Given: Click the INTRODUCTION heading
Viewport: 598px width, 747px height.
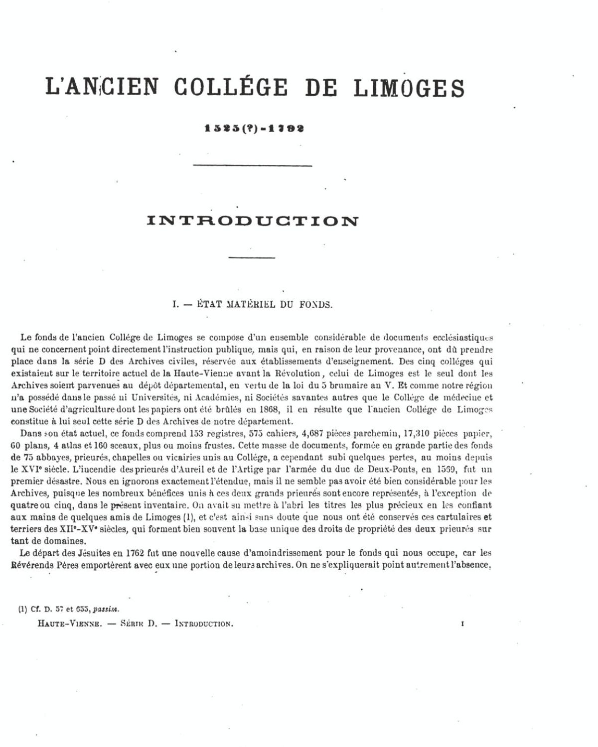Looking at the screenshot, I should click(253, 221).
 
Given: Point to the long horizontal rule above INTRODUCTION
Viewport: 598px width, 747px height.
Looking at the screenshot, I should click(252, 165).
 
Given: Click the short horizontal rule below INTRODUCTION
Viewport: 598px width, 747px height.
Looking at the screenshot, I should click(252, 257).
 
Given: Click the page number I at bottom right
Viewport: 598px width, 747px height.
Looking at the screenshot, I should click(462, 623).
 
